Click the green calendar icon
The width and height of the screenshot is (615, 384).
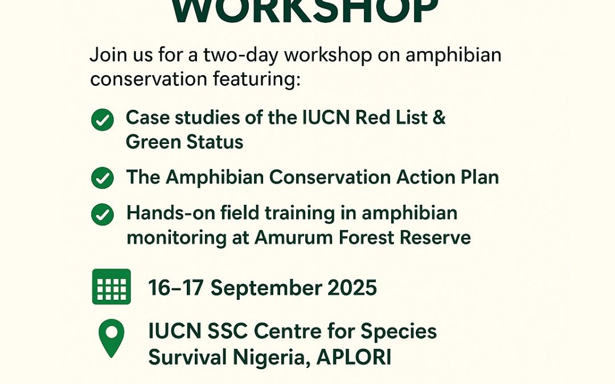click(x=112, y=286)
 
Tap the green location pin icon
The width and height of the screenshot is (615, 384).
click(x=112, y=338)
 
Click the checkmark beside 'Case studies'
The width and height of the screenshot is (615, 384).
click(x=102, y=119)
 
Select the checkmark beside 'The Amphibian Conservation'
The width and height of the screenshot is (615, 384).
click(x=102, y=178)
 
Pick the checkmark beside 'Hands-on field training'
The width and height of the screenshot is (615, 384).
click(x=102, y=214)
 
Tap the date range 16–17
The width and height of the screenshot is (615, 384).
click(x=176, y=288)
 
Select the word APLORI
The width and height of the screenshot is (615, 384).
click(x=354, y=357)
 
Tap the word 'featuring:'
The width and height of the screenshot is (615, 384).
click(x=256, y=80)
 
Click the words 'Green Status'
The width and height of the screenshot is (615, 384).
click(x=184, y=142)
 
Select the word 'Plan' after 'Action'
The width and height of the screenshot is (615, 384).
click(x=479, y=177)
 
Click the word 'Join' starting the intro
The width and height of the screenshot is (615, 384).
click(x=106, y=55)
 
